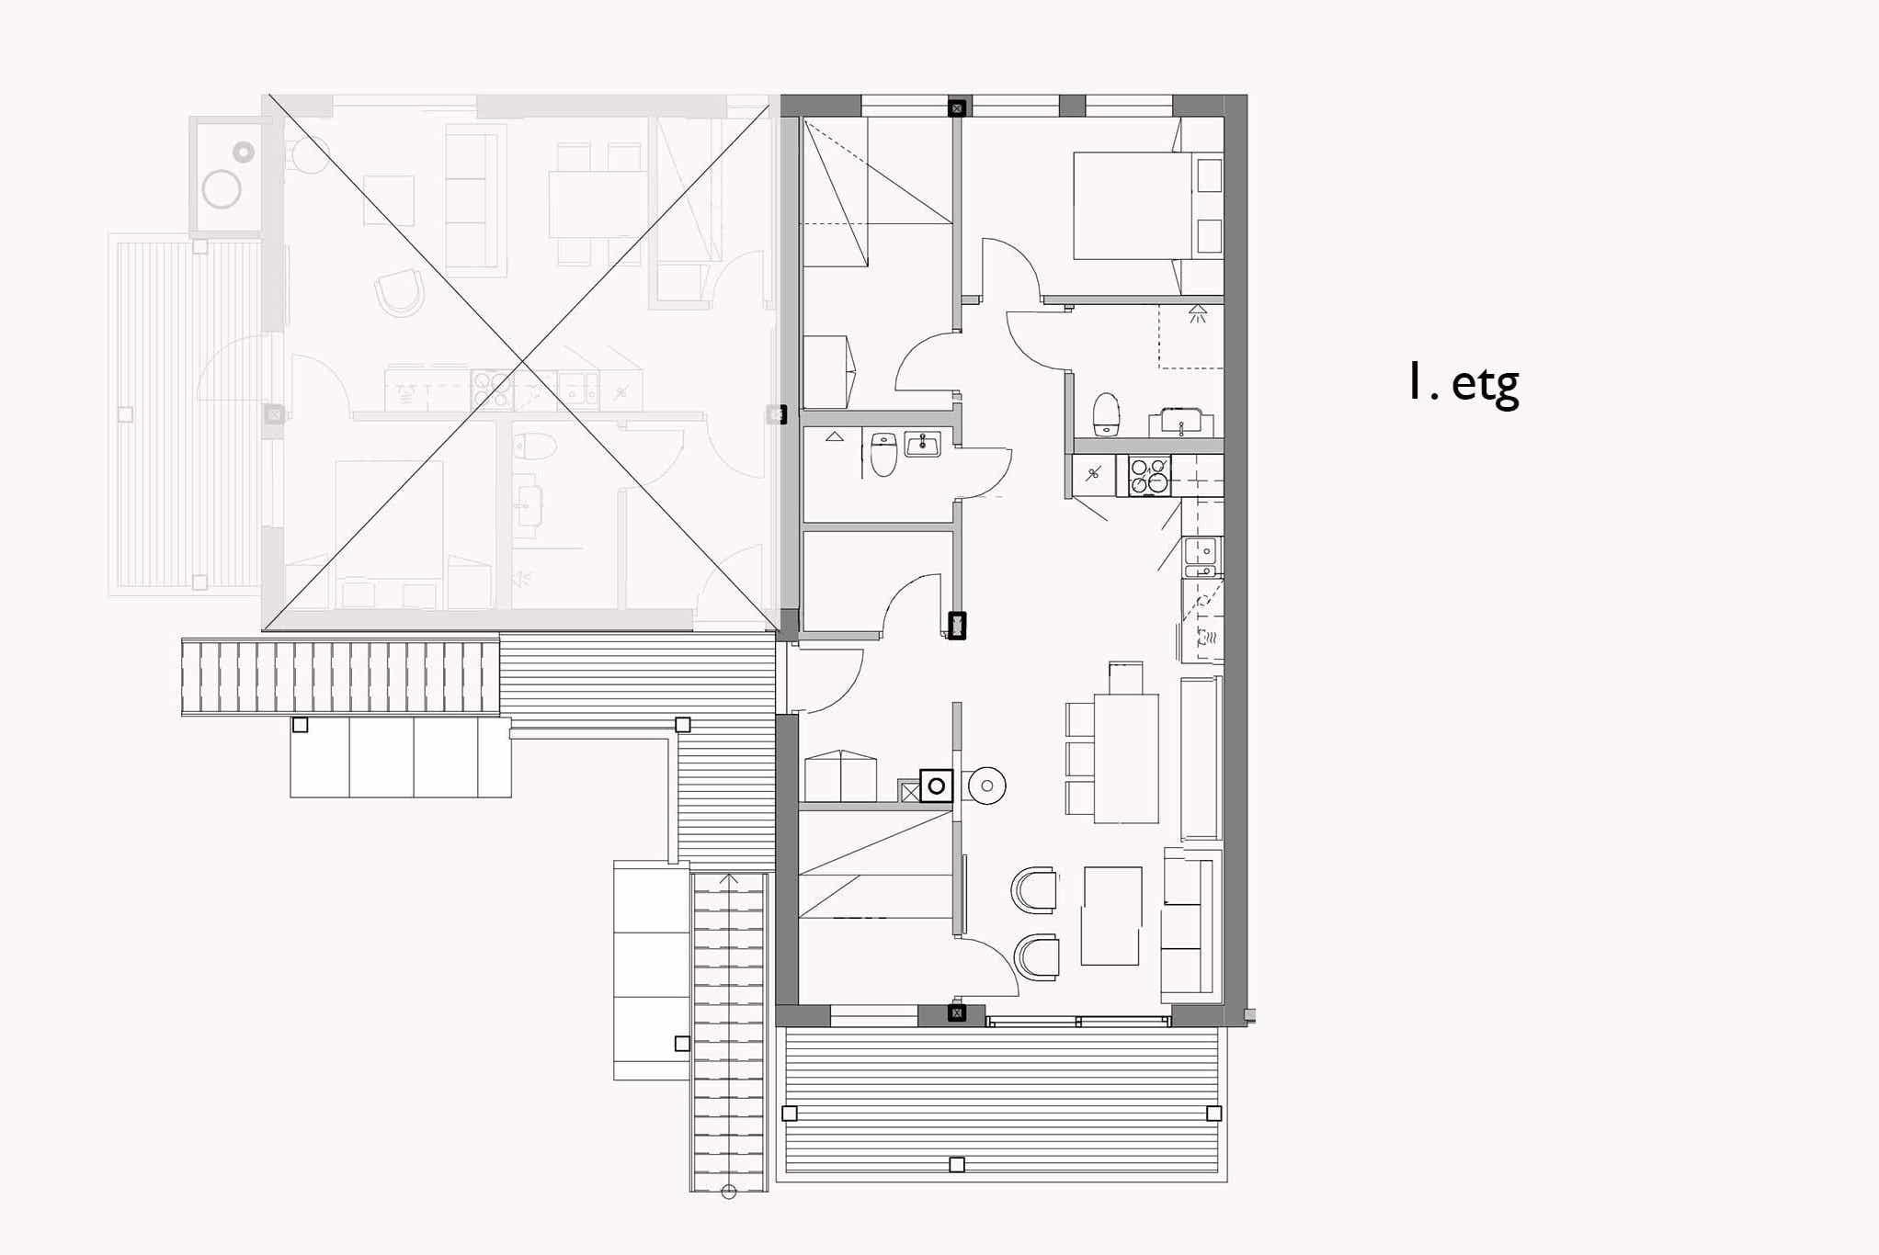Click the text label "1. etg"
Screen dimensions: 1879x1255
coord(1463,383)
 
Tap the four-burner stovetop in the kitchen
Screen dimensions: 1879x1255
coord(1149,476)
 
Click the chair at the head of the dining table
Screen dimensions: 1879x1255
coord(1126,678)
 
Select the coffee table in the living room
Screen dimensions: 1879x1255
coord(1111,916)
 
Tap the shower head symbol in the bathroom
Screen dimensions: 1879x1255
coord(1197,313)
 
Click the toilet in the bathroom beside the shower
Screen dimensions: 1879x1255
coord(1106,415)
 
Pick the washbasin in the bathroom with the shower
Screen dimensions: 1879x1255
coord(1181,423)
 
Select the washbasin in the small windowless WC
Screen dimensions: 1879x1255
coord(922,445)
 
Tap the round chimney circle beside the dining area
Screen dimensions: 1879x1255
coord(987,786)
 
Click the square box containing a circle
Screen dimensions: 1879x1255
coord(936,786)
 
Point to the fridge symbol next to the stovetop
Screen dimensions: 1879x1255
coord(1094,475)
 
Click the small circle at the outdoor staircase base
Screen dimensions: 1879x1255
coord(729,1193)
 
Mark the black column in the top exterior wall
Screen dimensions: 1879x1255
coord(957,108)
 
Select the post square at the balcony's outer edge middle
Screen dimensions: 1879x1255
coord(957,1165)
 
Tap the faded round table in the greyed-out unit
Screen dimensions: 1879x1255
coord(222,189)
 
